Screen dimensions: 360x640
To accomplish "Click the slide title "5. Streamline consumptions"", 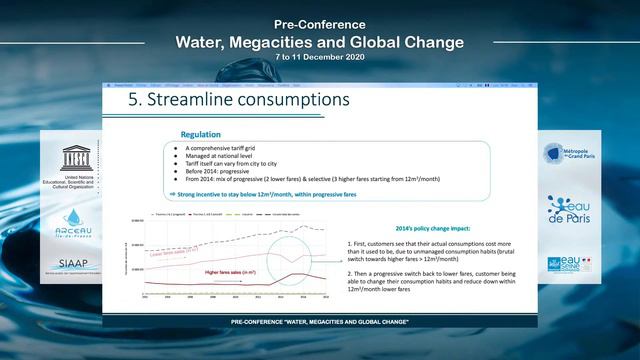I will coord(233,101).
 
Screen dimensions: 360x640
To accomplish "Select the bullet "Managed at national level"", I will coord(223,155).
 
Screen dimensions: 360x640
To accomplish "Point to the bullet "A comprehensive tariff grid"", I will coord(225,147).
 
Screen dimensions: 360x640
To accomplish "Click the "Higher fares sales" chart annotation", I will coord(233,271).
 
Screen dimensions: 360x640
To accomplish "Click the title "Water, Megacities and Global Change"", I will coord(320,42).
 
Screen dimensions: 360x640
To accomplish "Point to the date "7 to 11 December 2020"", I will coord(320,58).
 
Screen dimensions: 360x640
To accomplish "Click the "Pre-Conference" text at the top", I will coord(320,21).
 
